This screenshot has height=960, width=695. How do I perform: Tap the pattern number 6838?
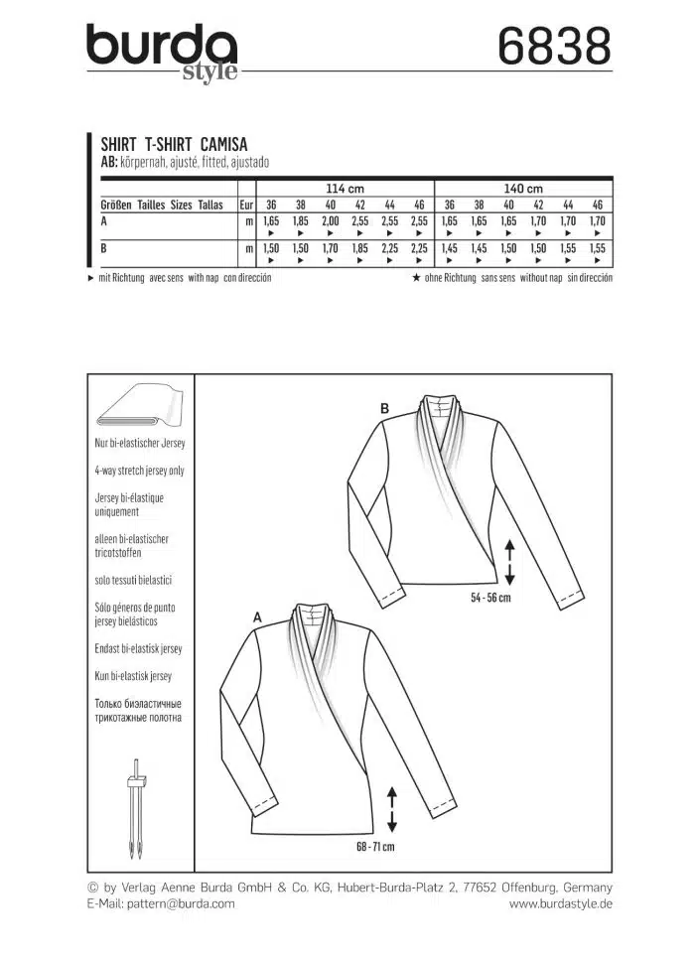tap(552, 46)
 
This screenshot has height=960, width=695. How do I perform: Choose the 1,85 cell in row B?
tap(360, 248)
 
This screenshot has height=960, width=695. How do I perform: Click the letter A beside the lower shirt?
tap(258, 617)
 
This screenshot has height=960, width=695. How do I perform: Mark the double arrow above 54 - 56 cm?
tap(508, 563)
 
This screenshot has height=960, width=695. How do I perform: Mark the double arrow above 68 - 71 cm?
tap(391, 808)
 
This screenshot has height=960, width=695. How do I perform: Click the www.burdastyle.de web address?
tap(561, 903)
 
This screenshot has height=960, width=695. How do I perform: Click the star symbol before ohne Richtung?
tap(418, 278)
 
